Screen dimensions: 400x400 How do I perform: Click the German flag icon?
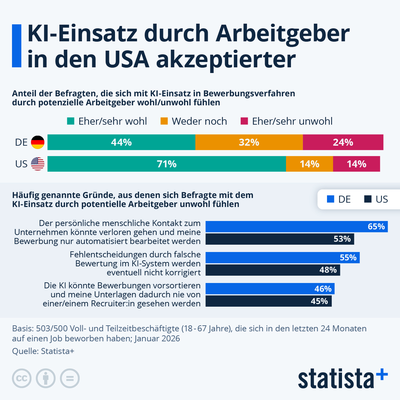point(38,142)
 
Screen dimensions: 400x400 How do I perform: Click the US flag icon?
point(38,164)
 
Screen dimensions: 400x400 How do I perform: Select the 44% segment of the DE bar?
point(121,142)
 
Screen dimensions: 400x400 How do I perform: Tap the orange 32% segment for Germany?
point(249,142)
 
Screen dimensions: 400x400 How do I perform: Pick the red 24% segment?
point(343,142)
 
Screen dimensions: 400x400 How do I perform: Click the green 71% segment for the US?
point(167,164)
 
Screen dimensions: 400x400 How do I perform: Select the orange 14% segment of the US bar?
point(309,164)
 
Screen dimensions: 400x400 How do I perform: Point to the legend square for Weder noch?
point(164,121)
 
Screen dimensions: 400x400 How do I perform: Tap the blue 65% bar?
point(296,226)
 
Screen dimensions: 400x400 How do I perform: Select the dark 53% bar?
point(280,239)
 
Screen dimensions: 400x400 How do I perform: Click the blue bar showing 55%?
point(282,257)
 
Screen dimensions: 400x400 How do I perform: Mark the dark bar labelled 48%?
point(273,270)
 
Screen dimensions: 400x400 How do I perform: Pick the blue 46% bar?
point(270,289)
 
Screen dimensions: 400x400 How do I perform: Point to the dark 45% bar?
point(268,301)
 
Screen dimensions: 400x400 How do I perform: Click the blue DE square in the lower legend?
point(330,199)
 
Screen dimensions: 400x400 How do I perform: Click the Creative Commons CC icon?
point(22,378)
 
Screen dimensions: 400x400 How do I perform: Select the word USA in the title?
point(127,59)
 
